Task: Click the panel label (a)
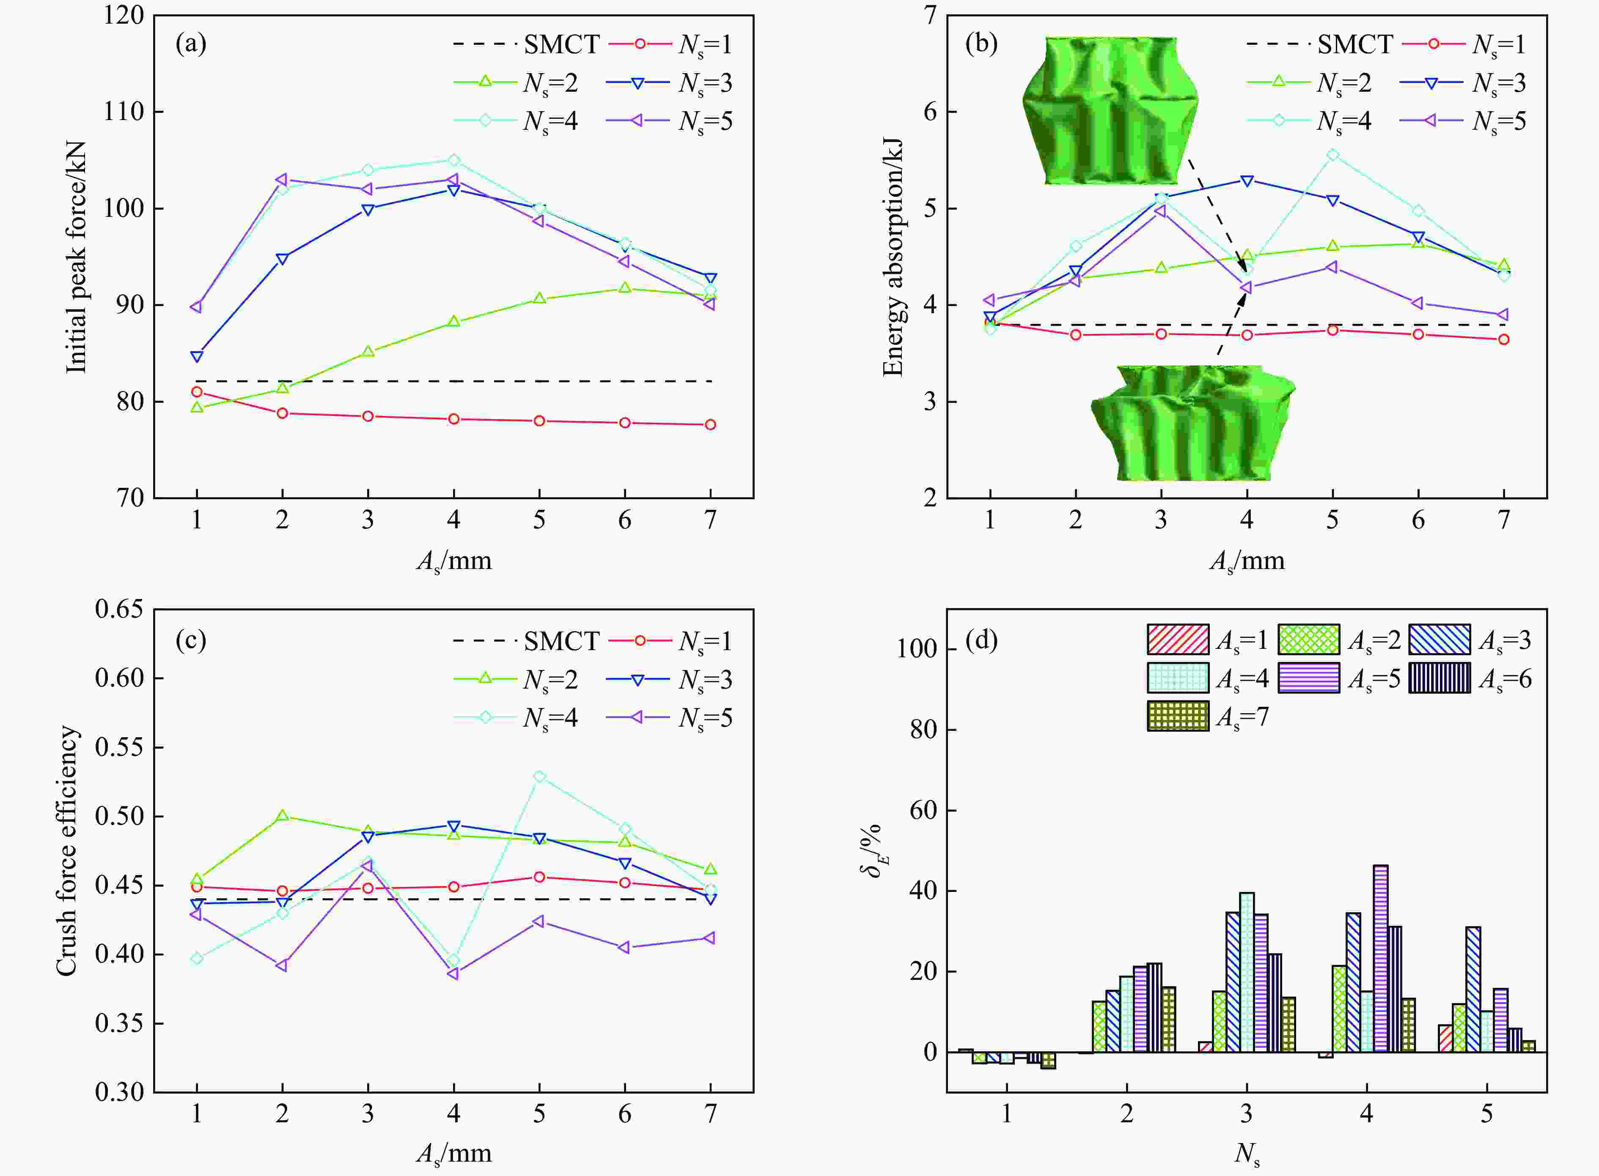(191, 44)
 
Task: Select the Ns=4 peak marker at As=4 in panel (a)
(454, 160)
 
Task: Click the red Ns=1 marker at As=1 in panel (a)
(197, 391)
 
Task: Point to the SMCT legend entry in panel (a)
(527, 44)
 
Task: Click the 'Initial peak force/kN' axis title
(76, 256)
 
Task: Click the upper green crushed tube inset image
(1110, 110)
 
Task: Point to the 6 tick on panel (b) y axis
(929, 112)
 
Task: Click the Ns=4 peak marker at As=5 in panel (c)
(539, 777)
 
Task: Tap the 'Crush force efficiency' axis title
(66, 851)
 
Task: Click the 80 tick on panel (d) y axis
(924, 730)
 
